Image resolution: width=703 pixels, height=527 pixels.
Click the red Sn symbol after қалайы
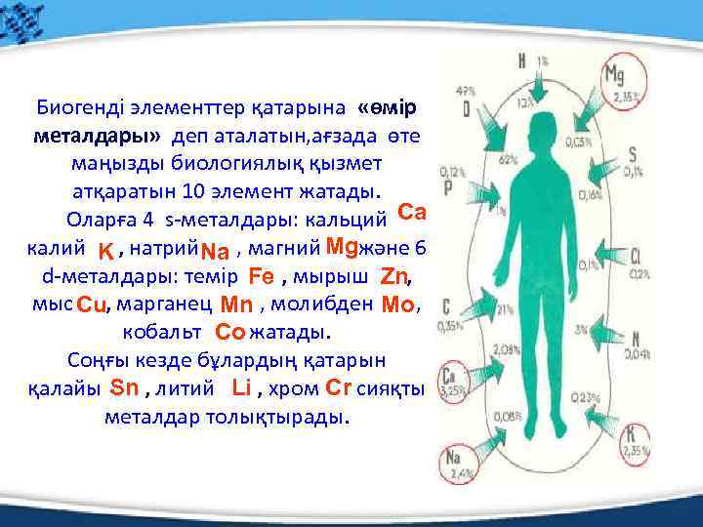[x=126, y=387]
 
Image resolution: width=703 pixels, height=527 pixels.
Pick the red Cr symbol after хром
[x=338, y=387]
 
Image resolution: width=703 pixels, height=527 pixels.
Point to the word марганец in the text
[x=166, y=304]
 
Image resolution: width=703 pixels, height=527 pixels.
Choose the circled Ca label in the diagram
[x=451, y=377]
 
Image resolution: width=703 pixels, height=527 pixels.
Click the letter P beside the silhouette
[x=447, y=187]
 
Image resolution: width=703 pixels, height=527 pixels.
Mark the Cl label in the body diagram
[x=636, y=258]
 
